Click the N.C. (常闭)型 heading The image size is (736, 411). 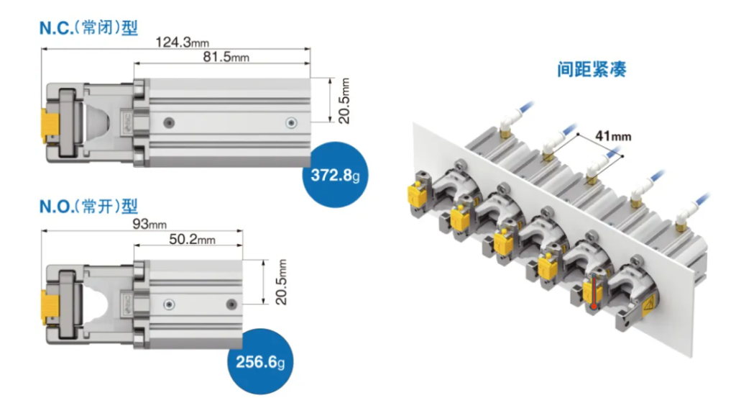(88, 28)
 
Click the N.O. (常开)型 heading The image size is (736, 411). (88, 206)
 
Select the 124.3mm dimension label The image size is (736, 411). (182, 42)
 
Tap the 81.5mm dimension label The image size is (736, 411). (226, 57)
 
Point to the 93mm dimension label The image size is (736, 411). (149, 224)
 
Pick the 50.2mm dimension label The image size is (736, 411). (192, 240)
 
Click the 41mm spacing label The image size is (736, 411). (613, 136)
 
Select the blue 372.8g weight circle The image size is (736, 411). (335, 174)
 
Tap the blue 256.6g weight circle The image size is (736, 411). (260, 361)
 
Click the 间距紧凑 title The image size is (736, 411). (592, 69)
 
